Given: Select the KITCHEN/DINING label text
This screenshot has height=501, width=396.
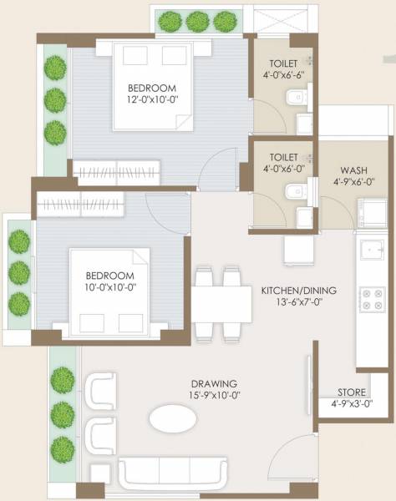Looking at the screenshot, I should [x=299, y=290].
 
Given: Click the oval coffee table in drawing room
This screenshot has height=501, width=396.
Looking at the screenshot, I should [x=175, y=417].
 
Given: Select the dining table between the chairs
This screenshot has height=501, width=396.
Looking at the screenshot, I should [x=221, y=301].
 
